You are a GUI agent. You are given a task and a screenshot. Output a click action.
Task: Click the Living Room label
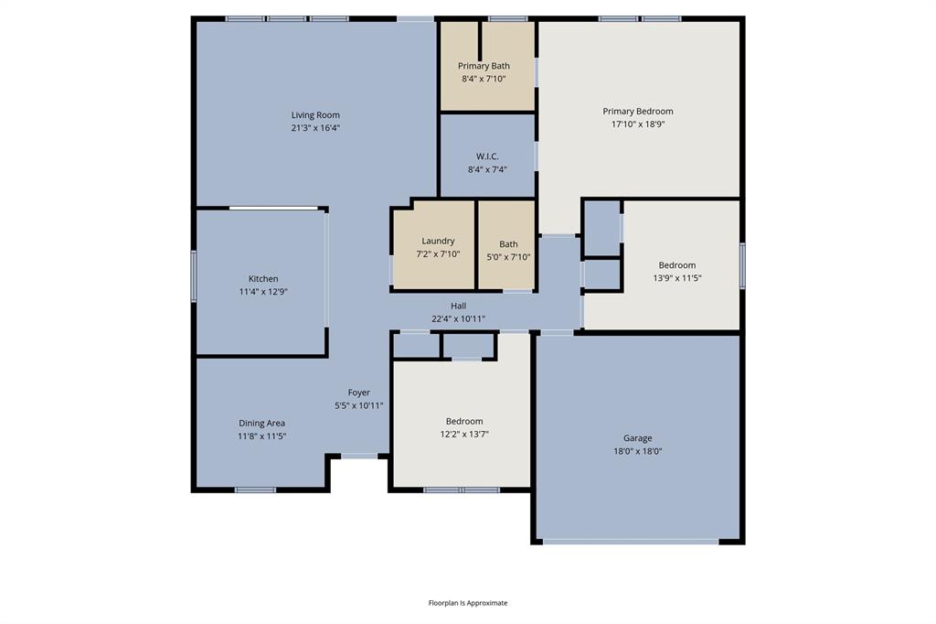click(x=315, y=115)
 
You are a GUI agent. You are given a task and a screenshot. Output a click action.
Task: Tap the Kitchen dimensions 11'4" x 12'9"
click(x=263, y=292)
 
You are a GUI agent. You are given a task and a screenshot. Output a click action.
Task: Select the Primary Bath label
click(x=484, y=66)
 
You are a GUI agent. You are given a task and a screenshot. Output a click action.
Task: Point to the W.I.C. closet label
click(x=487, y=156)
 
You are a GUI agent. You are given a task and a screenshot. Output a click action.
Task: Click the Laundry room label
click(x=438, y=242)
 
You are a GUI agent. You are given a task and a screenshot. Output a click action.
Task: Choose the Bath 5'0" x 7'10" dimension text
click(x=508, y=257)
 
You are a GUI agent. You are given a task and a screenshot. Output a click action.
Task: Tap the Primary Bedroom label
click(x=637, y=112)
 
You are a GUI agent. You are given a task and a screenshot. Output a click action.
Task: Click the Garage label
click(x=637, y=438)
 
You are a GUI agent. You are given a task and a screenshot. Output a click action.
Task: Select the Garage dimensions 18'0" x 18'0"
click(x=637, y=451)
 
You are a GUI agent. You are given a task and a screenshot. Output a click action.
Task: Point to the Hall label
click(x=458, y=306)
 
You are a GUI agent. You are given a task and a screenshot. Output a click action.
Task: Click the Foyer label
click(x=358, y=393)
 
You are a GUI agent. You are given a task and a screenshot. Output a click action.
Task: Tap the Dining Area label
click(x=261, y=424)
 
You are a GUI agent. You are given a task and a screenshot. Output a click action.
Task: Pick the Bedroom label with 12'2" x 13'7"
click(x=464, y=421)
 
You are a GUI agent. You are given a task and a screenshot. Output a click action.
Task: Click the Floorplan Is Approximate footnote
click(x=468, y=603)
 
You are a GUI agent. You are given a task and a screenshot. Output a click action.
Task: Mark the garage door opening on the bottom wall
click(x=631, y=542)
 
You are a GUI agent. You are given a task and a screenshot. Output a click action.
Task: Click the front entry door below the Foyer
click(x=359, y=455)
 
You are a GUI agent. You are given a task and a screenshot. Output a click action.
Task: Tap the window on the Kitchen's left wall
click(x=194, y=276)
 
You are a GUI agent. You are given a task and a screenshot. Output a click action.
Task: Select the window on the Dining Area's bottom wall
click(x=255, y=490)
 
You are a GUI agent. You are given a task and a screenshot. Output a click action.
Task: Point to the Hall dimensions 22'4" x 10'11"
click(x=458, y=318)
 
